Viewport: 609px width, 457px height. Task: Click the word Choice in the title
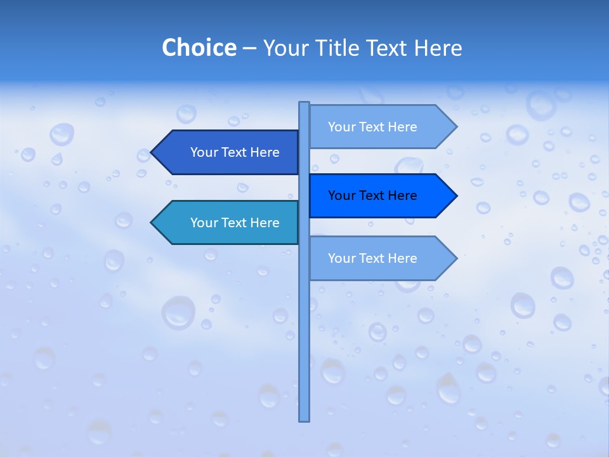[199, 48]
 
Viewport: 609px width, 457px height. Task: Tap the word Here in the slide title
[438, 48]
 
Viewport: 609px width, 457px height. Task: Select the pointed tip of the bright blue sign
[455, 195]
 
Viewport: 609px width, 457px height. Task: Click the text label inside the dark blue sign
[235, 152]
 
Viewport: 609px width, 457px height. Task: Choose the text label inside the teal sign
[235, 223]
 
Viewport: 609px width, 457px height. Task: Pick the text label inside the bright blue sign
[372, 195]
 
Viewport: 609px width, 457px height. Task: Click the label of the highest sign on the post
[372, 127]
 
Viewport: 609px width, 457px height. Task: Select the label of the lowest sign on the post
[372, 258]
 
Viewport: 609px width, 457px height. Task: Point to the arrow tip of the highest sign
[455, 127]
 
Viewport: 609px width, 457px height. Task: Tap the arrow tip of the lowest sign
[455, 258]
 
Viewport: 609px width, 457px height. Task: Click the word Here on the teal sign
[265, 223]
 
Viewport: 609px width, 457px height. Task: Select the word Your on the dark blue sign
[204, 152]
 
